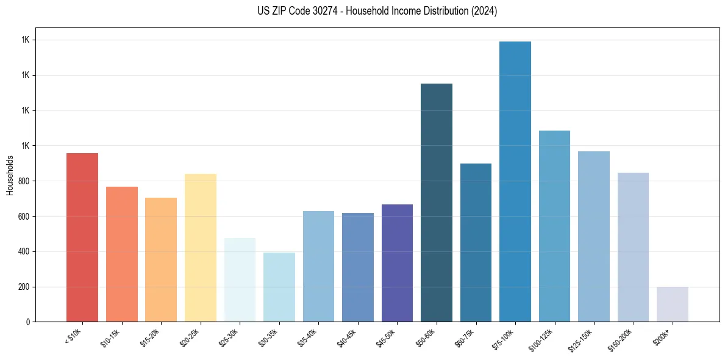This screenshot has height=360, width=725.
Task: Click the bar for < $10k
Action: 82,237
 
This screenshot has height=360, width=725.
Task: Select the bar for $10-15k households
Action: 121,254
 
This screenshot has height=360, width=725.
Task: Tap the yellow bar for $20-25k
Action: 200,248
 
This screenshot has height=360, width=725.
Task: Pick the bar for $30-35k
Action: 279,287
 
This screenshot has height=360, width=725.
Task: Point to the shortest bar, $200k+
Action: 672,304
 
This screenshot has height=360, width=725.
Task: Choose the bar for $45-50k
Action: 397,263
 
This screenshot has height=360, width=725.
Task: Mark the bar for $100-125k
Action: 554,226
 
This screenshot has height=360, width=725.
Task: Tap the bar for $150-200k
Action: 633,247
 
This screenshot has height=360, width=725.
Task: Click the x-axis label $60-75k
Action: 465,337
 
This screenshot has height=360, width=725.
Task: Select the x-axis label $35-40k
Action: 308,337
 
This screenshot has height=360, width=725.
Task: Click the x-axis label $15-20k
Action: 151,337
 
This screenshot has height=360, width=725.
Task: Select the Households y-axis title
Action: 10,175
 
